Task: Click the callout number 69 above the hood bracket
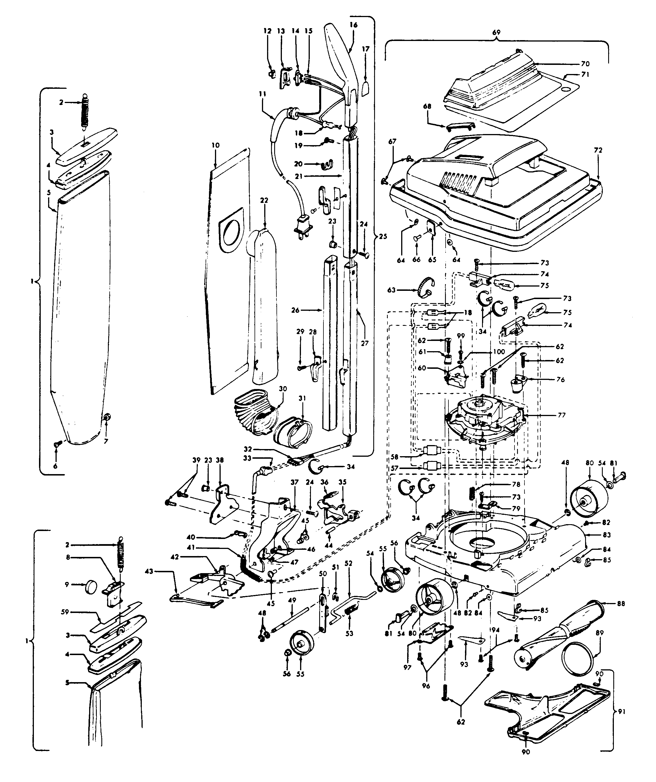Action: click(x=496, y=33)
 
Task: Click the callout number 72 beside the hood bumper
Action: click(x=598, y=151)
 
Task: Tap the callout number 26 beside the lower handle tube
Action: click(x=296, y=310)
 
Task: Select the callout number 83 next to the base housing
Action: click(x=607, y=535)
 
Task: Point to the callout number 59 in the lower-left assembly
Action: click(x=65, y=612)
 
